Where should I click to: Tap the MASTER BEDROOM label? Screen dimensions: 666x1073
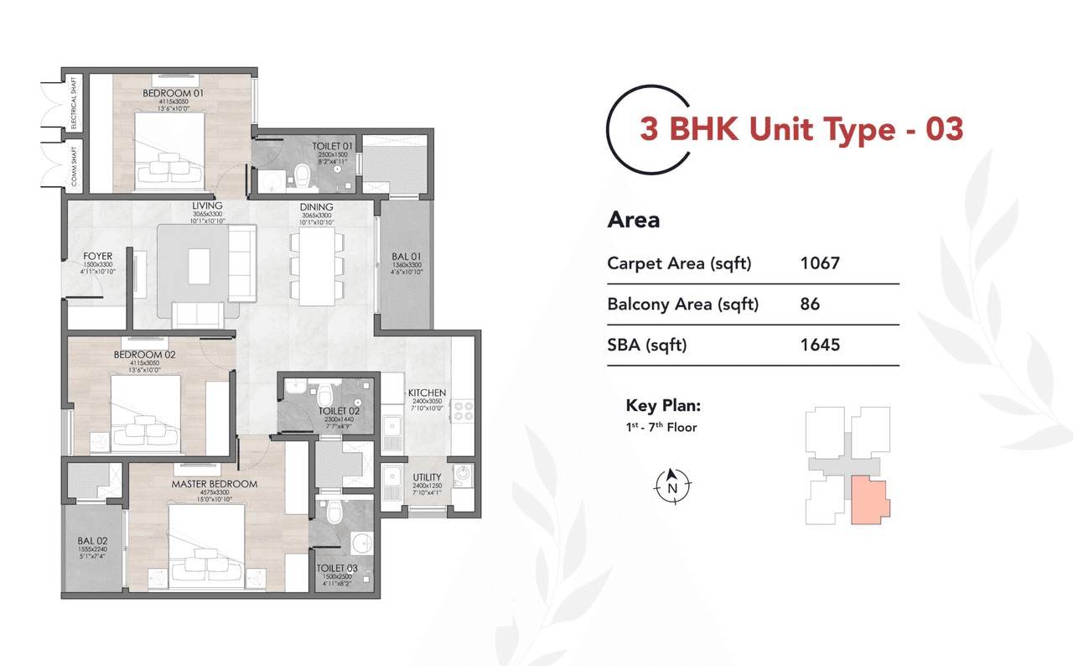coord(214,484)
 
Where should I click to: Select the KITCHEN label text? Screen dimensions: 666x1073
coord(427,393)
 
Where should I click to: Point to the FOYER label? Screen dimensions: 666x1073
coord(98,257)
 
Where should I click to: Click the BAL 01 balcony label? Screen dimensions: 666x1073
coord(407,257)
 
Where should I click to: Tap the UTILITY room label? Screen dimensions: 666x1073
coord(427,477)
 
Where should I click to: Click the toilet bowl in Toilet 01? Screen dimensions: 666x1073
coord(302,173)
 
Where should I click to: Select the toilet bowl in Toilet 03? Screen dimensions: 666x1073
coord(334,508)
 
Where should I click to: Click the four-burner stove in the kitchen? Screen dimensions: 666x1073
coord(463,410)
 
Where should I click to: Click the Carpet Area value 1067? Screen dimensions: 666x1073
coord(820,263)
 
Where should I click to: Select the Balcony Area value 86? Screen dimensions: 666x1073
coord(810,304)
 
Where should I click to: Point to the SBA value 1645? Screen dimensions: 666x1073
coord(820,345)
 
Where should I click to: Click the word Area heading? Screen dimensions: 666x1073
coord(633,221)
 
